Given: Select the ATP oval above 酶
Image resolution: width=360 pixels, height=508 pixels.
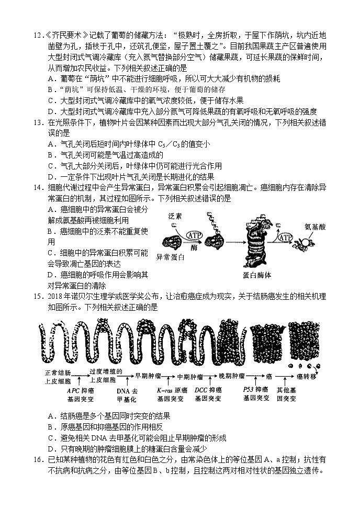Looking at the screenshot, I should coord(193,235).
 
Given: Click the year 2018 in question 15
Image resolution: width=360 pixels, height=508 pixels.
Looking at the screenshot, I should coord(55,297).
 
